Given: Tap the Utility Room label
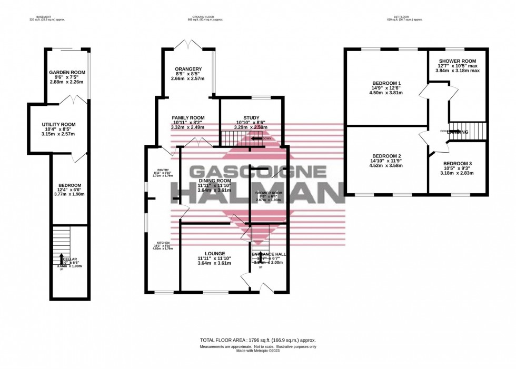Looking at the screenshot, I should tap(59, 125).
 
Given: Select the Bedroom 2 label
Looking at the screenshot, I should tap(387, 156).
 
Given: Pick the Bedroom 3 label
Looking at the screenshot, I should tap(457, 164).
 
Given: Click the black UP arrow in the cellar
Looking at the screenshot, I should tap(62, 260).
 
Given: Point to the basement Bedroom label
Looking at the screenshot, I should tap(70, 185).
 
